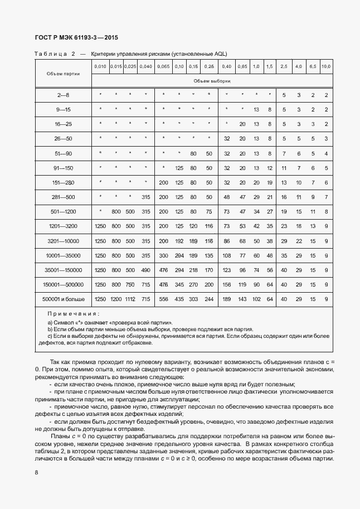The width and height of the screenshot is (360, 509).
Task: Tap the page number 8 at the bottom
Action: (36, 472)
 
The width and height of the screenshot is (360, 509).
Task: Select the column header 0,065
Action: (163, 67)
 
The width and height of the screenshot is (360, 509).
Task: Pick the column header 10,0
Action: (326, 67)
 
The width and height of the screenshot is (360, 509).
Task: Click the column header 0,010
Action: (100, 67)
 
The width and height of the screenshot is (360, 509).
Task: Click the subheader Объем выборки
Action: (212, 81)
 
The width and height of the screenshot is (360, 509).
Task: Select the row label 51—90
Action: (64, 153)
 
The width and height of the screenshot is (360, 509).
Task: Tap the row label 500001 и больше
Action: (64, 299)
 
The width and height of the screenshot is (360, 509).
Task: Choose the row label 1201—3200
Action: (64, 226)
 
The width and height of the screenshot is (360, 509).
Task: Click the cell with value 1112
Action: (130, 299)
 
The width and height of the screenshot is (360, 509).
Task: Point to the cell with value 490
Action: (145, 270)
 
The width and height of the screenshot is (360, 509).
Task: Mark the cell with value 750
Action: (130, 284)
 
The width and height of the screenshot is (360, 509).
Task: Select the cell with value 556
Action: (163, 299)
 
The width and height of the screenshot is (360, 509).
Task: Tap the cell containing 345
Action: (179, 284)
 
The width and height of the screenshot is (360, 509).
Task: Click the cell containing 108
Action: (227, 255)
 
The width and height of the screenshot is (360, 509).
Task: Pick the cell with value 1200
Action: (115, 299)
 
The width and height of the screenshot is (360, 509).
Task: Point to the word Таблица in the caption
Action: (50, 54)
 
